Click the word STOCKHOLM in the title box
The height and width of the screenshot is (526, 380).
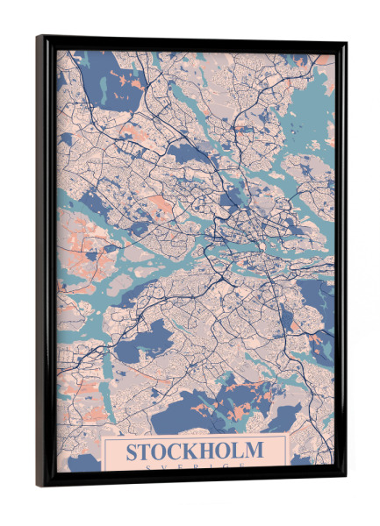(x=194, y=452)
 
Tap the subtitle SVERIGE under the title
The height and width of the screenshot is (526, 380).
(x=194, y=469)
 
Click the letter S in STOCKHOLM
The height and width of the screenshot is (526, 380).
(x=133, y=452)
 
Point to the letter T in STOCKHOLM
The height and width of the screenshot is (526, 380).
(x=147, y=452)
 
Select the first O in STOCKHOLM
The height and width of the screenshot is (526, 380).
(x=162, y=452)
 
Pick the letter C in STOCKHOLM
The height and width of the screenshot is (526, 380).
(x=179, y=452)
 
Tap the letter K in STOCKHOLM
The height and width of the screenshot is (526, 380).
(x=195, y=452)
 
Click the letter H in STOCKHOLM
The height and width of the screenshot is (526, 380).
(x=212, y=452)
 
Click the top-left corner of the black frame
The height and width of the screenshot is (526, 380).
(x=38, y=37)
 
